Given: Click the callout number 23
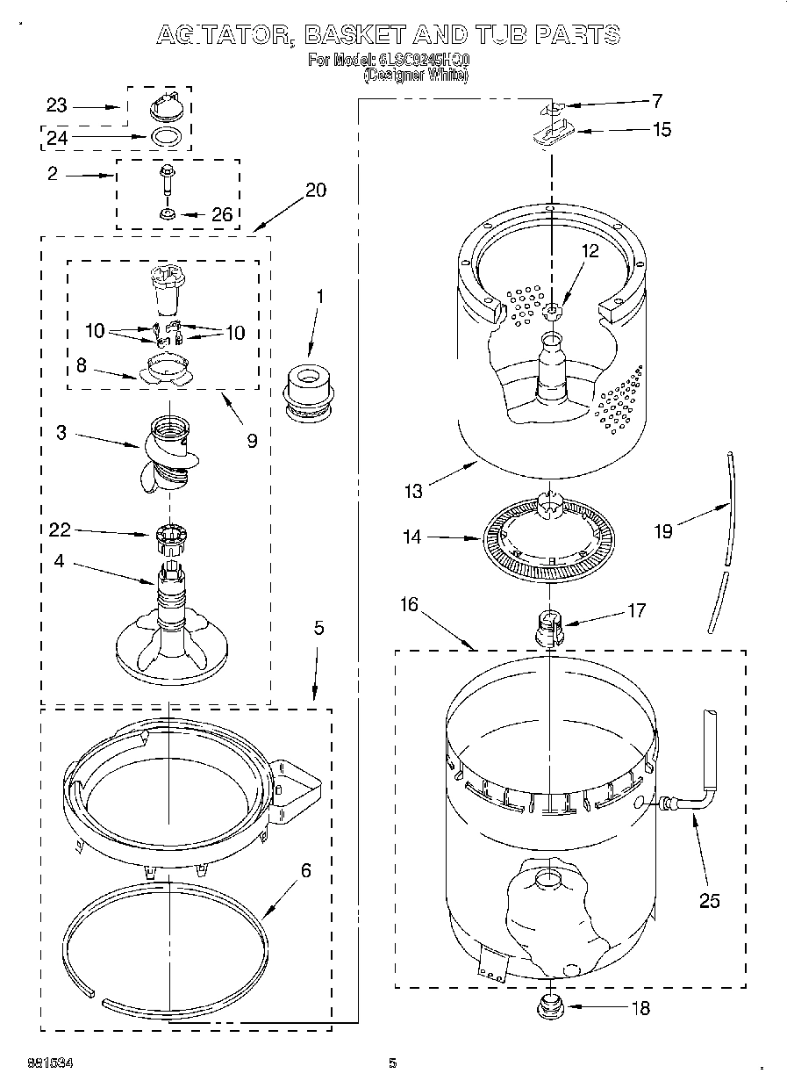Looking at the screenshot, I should click(x=56, y=105).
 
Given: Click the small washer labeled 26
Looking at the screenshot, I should click(x=166, y=213).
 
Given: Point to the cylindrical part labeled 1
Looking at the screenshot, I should click(x=309, y=389).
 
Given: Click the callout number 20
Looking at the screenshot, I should click(x=315, y=191).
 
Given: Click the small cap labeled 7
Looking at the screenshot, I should click(x=550, y=108).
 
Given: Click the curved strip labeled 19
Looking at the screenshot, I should click(x=725, y=544).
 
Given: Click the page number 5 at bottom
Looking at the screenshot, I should click(x=393, y=1063).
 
